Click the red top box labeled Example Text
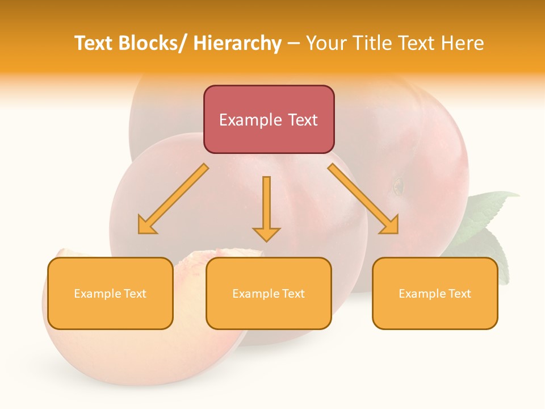269,119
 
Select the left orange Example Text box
110,293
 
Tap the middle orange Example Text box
269,293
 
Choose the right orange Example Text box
435,293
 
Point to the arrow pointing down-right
364,199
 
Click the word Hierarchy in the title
237,44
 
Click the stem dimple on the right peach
398,186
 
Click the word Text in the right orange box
459,293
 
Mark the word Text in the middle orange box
293,293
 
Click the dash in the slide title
294,44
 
